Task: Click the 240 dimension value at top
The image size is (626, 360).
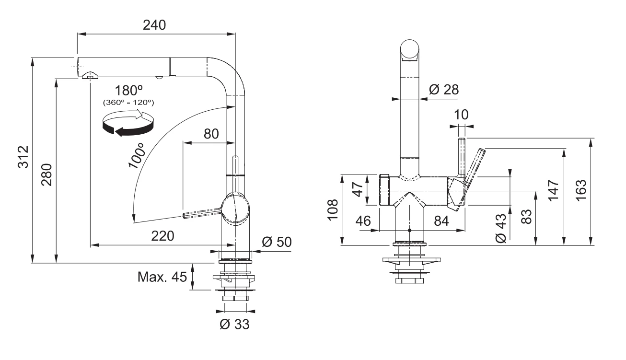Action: [x=154, y=25]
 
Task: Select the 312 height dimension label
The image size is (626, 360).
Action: [x=23, y=157]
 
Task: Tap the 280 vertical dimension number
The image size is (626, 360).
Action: [x=47, y=174]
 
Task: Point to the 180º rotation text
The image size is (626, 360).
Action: [x=128, y=91]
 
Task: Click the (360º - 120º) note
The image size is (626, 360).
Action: [x=128, y=102]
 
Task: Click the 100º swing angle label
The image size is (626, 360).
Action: [x=137, y=155]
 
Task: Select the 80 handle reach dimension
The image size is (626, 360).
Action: [x=211, y=134]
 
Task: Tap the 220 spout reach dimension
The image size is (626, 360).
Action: [x=162, y=236]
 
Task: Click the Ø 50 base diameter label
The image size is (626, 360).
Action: [x=277, y=242]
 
